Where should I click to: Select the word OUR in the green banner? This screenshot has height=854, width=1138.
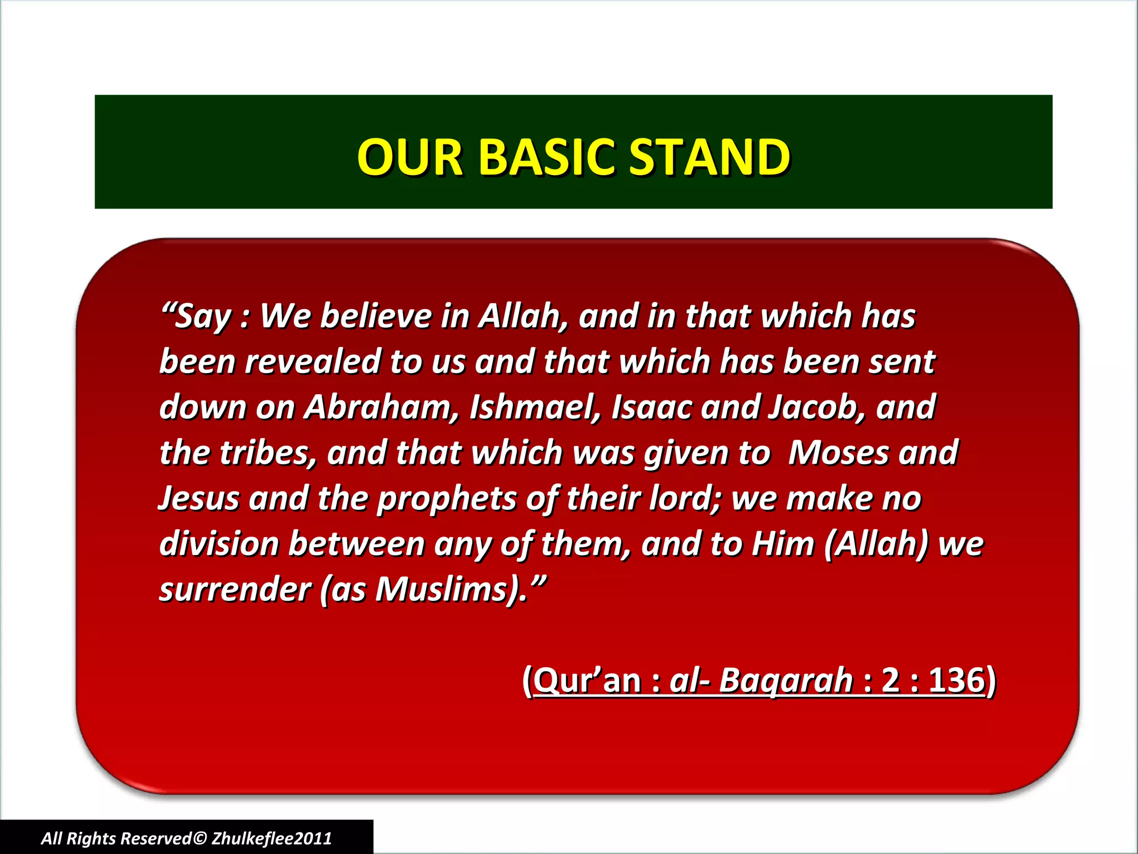pyautogui.click(x=410, y=157)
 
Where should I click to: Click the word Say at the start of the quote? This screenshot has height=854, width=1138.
pyautogui.click(x=202, y=317)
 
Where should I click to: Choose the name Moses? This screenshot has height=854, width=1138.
pyautogui.click(x=838, y=453)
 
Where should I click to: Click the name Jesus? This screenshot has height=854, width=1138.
pyautogui.click(x=199, y=499)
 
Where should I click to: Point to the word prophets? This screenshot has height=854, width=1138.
pyautogui.click(x=447, y=499)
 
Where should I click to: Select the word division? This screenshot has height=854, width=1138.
pyautogui.click(x=219, y=544)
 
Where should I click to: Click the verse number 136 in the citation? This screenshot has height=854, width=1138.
pyautogui.click(x=956, y=680)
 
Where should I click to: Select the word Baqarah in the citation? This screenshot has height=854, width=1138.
pyautogui.click(x=785, y=680)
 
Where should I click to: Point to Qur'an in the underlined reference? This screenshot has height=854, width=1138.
pyautogui.click(x=587, y=680)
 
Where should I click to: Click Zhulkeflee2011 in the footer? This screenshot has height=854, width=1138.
pyautogui.click(x=272, y=838)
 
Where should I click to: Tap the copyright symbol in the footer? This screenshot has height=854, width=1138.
pyautogui.click(x=200, y=838)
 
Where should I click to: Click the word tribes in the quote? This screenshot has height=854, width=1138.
pyautogui.click(x=268, y=453)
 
